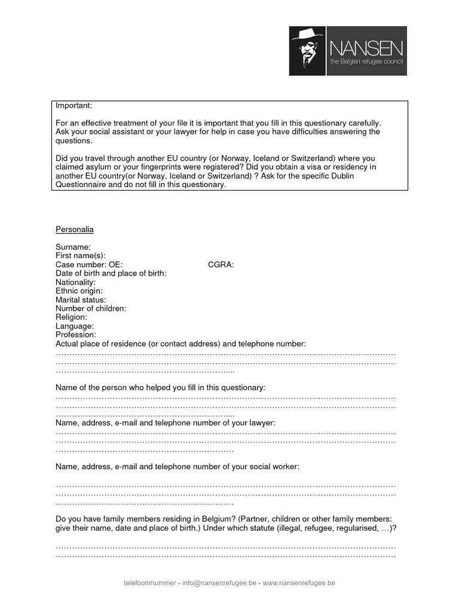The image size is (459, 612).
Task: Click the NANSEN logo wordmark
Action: [x=366, y=48]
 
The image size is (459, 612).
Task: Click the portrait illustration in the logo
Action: [x=307, y=51]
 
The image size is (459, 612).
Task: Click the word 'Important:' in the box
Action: [x=74, y=106]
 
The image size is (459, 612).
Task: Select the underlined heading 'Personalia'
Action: [x=75, y=229]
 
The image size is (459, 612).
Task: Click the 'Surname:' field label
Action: [x=74, y=247]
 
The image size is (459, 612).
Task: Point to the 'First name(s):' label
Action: [x=81, y=256]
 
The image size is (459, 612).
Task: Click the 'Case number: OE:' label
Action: [x=89, y=265]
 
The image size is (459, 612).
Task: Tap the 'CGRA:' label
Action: [x=221, y=265]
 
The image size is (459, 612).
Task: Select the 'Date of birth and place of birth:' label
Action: [x=111, y=273]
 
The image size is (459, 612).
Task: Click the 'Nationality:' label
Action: [x=75, y=282]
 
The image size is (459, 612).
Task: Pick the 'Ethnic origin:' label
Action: [x=79, y=291]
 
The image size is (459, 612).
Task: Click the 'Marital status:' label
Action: [x=81, y=300]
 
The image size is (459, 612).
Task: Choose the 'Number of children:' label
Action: [x=91, y=309]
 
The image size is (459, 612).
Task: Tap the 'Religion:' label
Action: [x=71, y=317]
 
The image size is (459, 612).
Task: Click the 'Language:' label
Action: [x=75, y=326]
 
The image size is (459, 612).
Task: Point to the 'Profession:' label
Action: [x=76, y=335]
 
